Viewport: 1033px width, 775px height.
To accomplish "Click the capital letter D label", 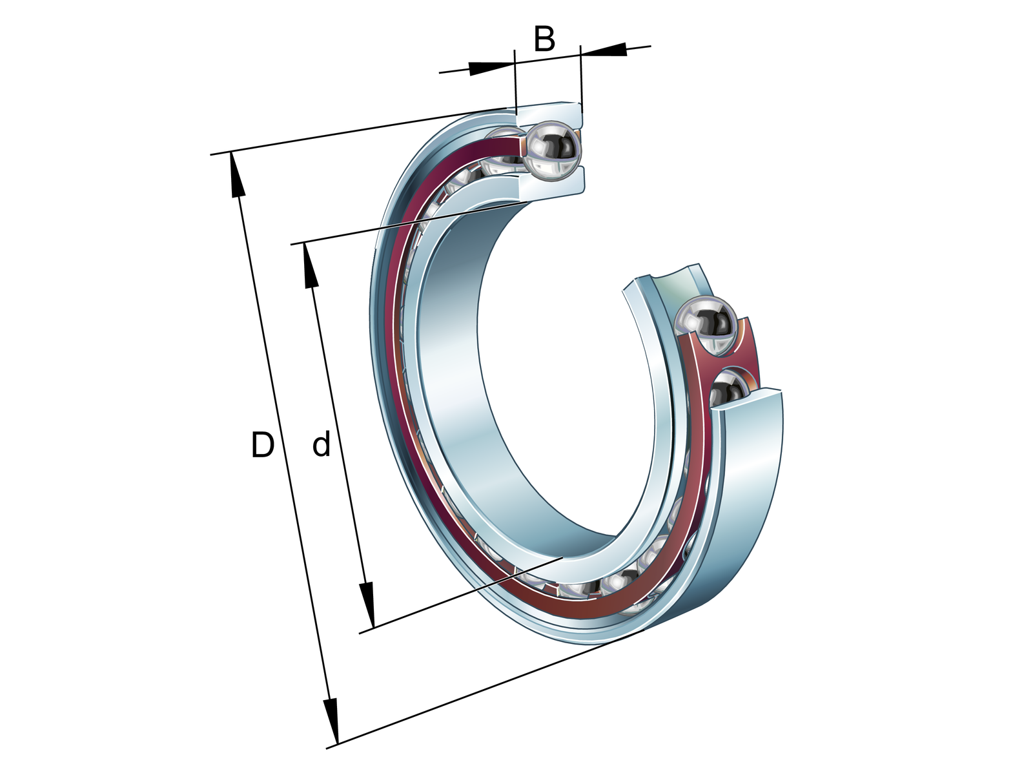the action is coord(263,445).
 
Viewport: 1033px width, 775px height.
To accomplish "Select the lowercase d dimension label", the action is coord(322,445).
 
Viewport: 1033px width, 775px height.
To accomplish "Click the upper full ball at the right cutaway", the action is coord(704,325).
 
